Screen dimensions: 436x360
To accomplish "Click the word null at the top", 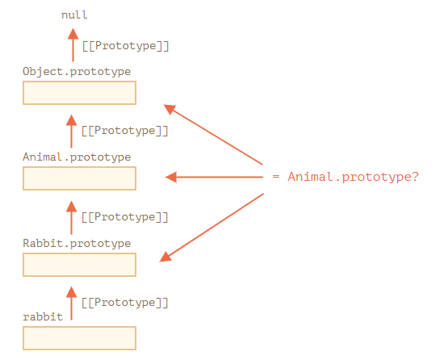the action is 74,15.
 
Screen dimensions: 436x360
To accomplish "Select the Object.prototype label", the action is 77,72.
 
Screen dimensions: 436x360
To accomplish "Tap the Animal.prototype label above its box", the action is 77,157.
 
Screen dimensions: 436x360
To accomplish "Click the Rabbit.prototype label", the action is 77,244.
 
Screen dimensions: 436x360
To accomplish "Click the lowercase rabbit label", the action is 43,317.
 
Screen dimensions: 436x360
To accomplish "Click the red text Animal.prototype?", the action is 353,177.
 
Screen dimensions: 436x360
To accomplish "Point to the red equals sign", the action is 275,177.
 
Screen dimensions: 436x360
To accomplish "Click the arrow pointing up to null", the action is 73,44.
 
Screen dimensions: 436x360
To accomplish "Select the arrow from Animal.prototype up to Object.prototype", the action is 72,132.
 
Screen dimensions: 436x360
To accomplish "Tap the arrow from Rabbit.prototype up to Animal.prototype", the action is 72,218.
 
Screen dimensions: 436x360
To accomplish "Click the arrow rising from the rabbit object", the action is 72,303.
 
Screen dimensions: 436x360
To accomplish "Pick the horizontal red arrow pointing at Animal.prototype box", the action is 214,177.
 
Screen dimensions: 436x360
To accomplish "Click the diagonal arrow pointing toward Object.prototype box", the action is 213,135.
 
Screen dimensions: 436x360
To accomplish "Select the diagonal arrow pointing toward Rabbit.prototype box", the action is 212,228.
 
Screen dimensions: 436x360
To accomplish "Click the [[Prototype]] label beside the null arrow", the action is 126,46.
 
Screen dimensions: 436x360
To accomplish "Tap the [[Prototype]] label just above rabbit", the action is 125,303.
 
